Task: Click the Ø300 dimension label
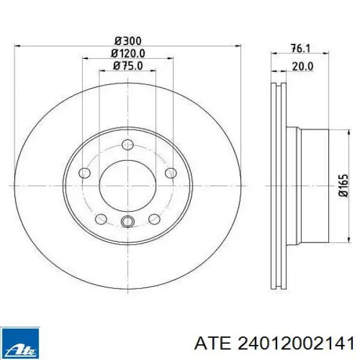tap(128, 41)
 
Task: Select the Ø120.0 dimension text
tap(128, 53)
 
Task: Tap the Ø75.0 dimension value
tap(128, 66)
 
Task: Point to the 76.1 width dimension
tap(301, 49)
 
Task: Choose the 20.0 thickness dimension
tap(302, 67)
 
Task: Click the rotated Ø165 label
tap(344, 185)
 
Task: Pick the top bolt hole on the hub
tap(128, 145)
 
